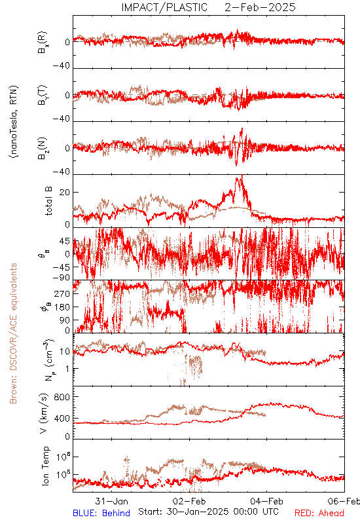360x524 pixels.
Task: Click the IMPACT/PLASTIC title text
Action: click(x=164, y=7)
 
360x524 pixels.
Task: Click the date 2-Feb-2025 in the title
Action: click(x=260, y=7)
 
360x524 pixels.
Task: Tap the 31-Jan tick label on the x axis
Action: click(x=111, y=501)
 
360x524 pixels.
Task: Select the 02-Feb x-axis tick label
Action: click(x=189, y=501)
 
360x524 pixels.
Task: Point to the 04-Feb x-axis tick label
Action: click(x=266, y=501)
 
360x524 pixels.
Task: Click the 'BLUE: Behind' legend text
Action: click(x=101, y=513)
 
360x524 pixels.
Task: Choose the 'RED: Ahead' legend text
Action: click(x=319, y=513)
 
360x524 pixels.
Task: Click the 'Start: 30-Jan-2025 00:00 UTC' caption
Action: click(x=208, y=512)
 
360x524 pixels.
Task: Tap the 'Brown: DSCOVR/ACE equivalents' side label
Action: click(x=13, y=333)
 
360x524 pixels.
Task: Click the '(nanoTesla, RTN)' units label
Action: click(x=14, y=122)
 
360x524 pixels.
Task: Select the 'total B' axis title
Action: click(x=48, y=201)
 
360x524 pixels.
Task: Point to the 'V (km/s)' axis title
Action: click(x=44, y=414)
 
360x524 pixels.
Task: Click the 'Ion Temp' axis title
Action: click(x=45, y=466)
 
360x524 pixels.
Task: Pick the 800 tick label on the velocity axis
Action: click(x=62, y=398)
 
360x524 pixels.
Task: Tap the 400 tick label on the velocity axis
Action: click(x=62, y=419)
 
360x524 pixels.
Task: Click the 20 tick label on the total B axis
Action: click(x=65, y=193)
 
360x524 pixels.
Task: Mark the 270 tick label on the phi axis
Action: click(x=62, y=293)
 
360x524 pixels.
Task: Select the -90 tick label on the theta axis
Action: click(x=62, y=278)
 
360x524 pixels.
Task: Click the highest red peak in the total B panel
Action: click(x=242, y=176)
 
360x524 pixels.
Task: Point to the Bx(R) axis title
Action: click(x=43, y=43)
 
